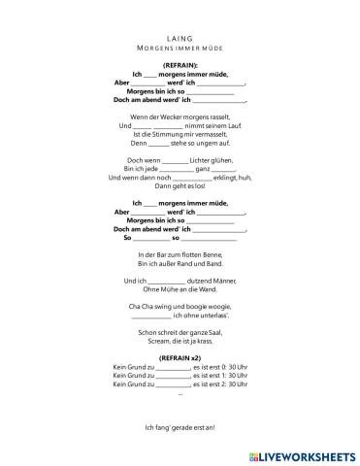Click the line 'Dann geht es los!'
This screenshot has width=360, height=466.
click(180, 185)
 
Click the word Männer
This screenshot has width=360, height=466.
click(220, 281)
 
